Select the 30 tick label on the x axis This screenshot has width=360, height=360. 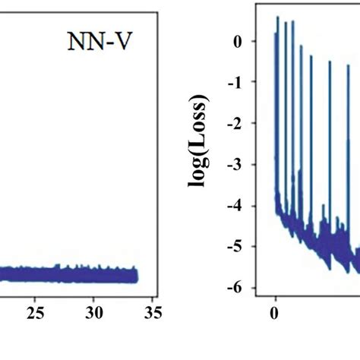(x=93, y=312)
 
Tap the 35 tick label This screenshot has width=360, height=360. (x=152, y=312)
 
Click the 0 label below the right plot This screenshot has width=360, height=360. (x=276, y=312)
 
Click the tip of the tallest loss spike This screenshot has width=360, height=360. (x=277, y=17)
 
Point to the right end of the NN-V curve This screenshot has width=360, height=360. (x=137, y=275)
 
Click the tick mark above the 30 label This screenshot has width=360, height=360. (x=93, y=298)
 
